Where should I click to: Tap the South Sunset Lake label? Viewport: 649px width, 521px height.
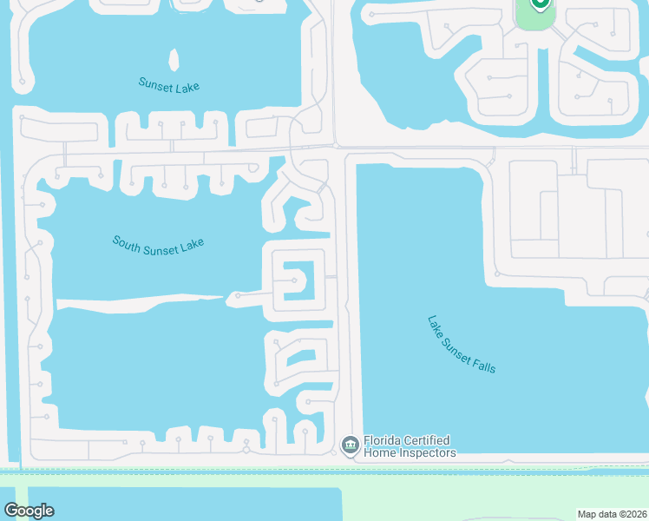pos(158,244)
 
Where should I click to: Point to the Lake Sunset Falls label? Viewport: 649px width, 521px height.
pos(462,344)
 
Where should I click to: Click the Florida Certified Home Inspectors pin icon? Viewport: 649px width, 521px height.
pos(351,445)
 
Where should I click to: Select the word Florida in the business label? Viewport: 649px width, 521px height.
pos(383,441)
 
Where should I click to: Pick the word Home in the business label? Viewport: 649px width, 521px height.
pos(378,453)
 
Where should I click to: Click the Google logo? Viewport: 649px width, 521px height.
pos(29,511)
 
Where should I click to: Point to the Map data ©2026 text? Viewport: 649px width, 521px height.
pos(611,514)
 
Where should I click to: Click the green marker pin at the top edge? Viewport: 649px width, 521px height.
pos(539,4)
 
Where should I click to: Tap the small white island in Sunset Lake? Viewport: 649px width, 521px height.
pos(174,60)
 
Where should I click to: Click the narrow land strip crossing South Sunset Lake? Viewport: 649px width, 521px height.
pos(139,301)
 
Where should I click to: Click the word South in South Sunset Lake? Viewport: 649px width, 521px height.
pos(127,241)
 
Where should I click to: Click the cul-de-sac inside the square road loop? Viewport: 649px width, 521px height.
pos(295,280)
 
